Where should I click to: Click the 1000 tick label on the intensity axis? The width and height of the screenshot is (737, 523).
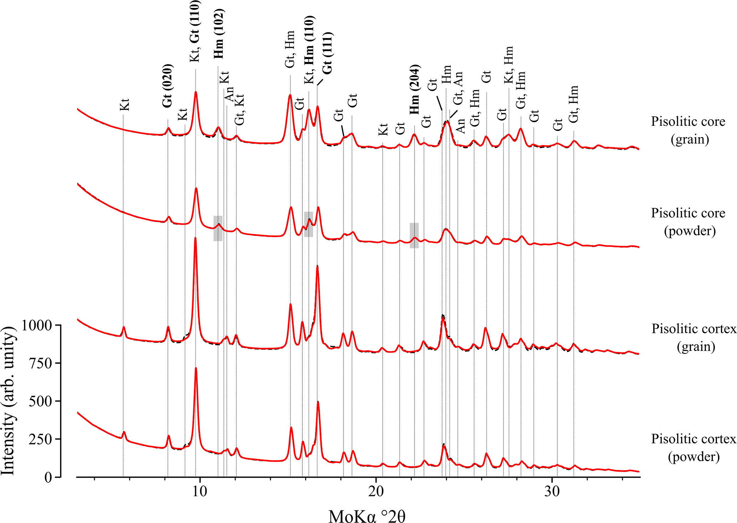[x=37, y=325]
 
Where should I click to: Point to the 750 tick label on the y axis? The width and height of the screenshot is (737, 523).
[x=42, y=363]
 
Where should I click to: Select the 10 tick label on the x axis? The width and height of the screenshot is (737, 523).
[x=200, y=492]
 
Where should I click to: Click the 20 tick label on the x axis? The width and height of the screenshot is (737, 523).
[x=376, y=492]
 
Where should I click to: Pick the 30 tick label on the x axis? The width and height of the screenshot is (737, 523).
[x=552, y=492]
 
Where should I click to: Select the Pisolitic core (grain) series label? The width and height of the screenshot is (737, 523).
[x=688, y=130]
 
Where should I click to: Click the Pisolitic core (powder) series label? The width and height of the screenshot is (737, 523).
[x=688, y=222]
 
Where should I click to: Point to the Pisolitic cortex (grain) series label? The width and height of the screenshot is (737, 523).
[x=694, y=337]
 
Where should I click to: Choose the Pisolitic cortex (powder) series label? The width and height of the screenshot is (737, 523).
[x=694, y=448]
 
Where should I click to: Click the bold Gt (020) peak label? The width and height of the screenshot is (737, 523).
[x=167, y=86]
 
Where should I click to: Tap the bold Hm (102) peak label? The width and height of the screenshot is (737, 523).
[x=219, y=34]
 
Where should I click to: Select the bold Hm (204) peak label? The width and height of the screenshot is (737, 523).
[x=414, y=90]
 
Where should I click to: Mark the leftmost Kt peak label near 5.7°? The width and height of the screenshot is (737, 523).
[x=124, y=105]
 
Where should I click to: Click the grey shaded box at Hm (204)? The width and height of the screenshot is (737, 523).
[x=414, y=235]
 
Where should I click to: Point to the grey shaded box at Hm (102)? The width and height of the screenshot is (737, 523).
[x=218, y=228]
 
